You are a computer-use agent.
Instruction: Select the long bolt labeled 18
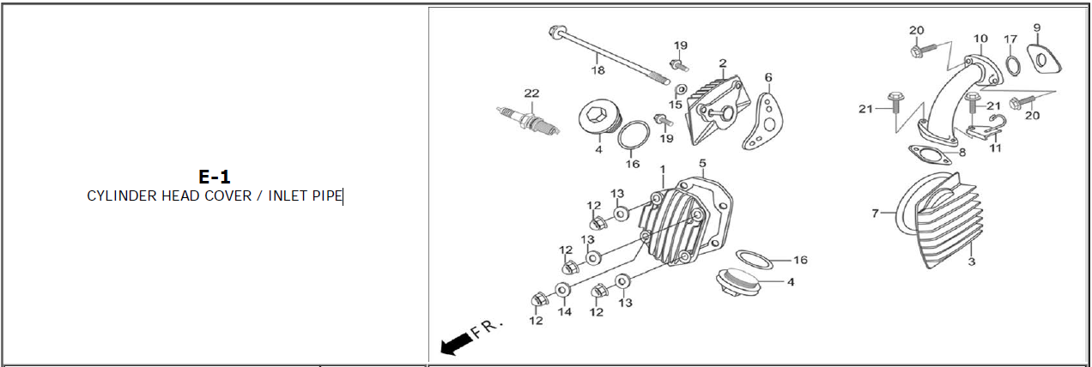[x=610, y=55]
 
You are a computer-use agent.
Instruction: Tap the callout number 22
[x=531, y=93]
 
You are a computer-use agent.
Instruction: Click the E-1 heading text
[x=215, y=177]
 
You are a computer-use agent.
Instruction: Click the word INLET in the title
[x=288, y=196]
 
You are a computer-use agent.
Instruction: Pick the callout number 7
[x=876, y=214]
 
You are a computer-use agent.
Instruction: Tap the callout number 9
[x=1037, y=27]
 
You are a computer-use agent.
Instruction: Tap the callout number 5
[x=701, y=163]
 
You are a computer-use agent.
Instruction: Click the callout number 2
[x=723, y=63]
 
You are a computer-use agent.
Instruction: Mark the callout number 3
[x=972, y=261]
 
